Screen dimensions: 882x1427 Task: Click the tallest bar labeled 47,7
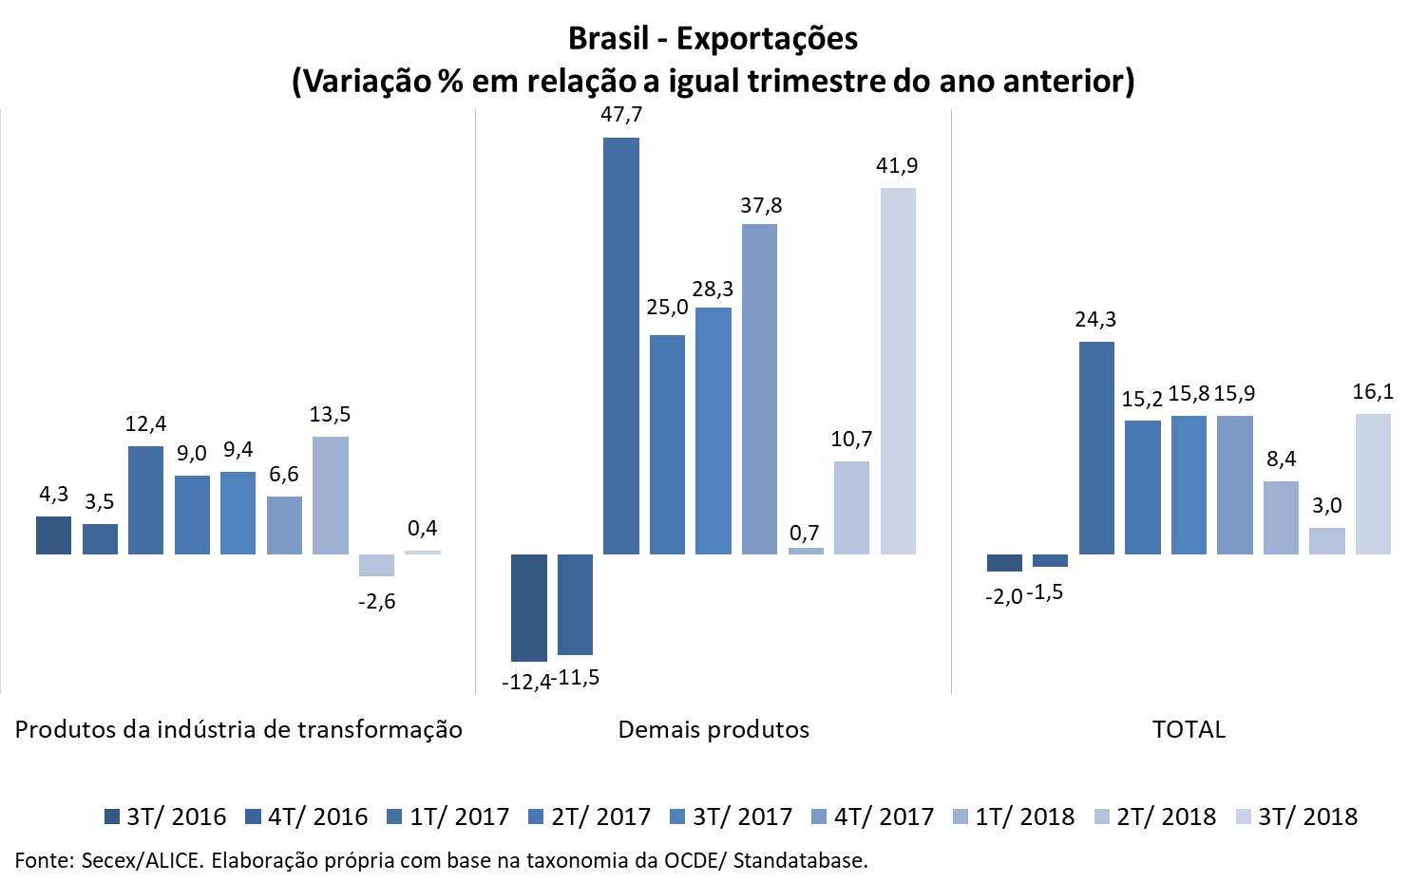(621, 346)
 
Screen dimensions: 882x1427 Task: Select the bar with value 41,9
(898, 370)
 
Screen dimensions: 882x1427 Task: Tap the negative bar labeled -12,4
(529, 608)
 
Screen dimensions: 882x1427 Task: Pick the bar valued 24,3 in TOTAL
(1096, 447)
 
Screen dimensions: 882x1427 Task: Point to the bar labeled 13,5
(331, 495)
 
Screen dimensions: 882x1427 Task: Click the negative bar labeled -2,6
(376, 565)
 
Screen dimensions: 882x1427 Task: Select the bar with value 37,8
(759, 388)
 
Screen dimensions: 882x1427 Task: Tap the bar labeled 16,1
(1373, 483)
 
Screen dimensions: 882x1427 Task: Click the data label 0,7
(805, 534)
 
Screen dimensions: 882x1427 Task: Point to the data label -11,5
(578, 678)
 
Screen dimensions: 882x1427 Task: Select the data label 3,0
(1327, 506)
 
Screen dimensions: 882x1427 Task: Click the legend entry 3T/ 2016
(165, 816)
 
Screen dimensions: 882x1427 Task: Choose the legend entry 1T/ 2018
(1014, 816)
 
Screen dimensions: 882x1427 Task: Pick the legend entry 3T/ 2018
(1297, 816)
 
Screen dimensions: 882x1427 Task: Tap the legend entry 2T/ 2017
(590, 816)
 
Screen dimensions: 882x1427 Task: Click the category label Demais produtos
(713, 729)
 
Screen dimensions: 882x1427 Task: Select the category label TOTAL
(1189, 729)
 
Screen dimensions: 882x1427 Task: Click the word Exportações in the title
(767, 38)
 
